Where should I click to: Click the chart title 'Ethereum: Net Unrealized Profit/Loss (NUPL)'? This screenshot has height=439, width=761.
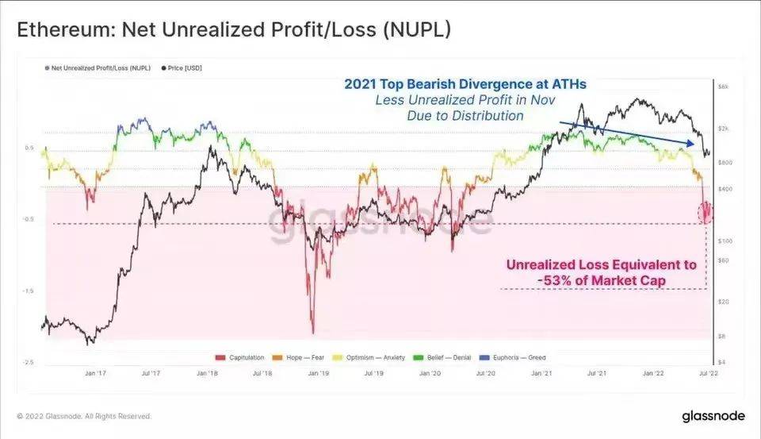(x=235, y=32)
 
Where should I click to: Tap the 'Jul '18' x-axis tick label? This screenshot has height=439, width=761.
(x=262, y=372)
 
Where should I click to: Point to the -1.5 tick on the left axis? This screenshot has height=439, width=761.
(x=29, y=291)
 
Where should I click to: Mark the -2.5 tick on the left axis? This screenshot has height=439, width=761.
(x=29, y=362)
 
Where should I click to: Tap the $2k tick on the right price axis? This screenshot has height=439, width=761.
(x=725, y=128)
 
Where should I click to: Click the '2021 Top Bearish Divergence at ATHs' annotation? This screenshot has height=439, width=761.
(x=465, y=83)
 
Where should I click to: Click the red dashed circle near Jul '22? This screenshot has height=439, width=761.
(x=706, y=213)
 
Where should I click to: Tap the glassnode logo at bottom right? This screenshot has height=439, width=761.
(x=712, y=416)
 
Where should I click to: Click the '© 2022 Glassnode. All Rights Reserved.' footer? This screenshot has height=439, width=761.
(x=83, y=416)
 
